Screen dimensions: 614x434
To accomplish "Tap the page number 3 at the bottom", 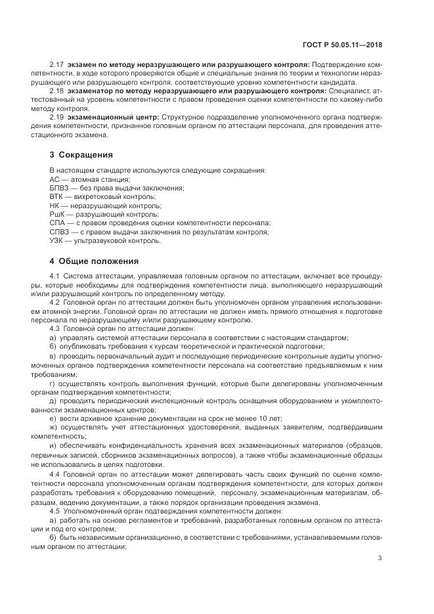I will click(x=380, y=559).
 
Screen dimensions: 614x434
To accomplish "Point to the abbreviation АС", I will click(x=55, y=179).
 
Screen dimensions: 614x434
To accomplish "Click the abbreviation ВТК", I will click(x=57, y=196).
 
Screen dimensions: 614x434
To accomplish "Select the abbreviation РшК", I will click(x=58, y=214).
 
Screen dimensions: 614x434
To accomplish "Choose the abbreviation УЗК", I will click(x=57, y=240).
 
